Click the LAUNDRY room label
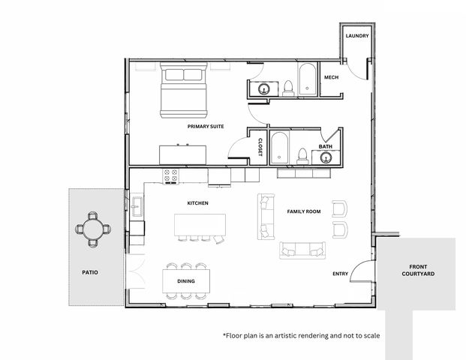point(357,36)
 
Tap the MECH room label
point(331,77)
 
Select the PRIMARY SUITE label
point(206,126)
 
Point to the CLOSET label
point(260,147)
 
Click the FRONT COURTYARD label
point(418,270)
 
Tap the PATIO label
point(90,272)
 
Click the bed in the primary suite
point(183,90)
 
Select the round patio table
point(93,229)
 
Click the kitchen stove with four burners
point(170,176)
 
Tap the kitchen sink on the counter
point(137,206)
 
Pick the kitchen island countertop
point(200,224)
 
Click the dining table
point(186,280)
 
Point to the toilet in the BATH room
point(302,156)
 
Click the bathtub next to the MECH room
point(307,79)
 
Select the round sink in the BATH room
point(326,157)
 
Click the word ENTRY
point(340,274)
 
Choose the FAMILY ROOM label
point(304,211)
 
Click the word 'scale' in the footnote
point(371,336)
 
